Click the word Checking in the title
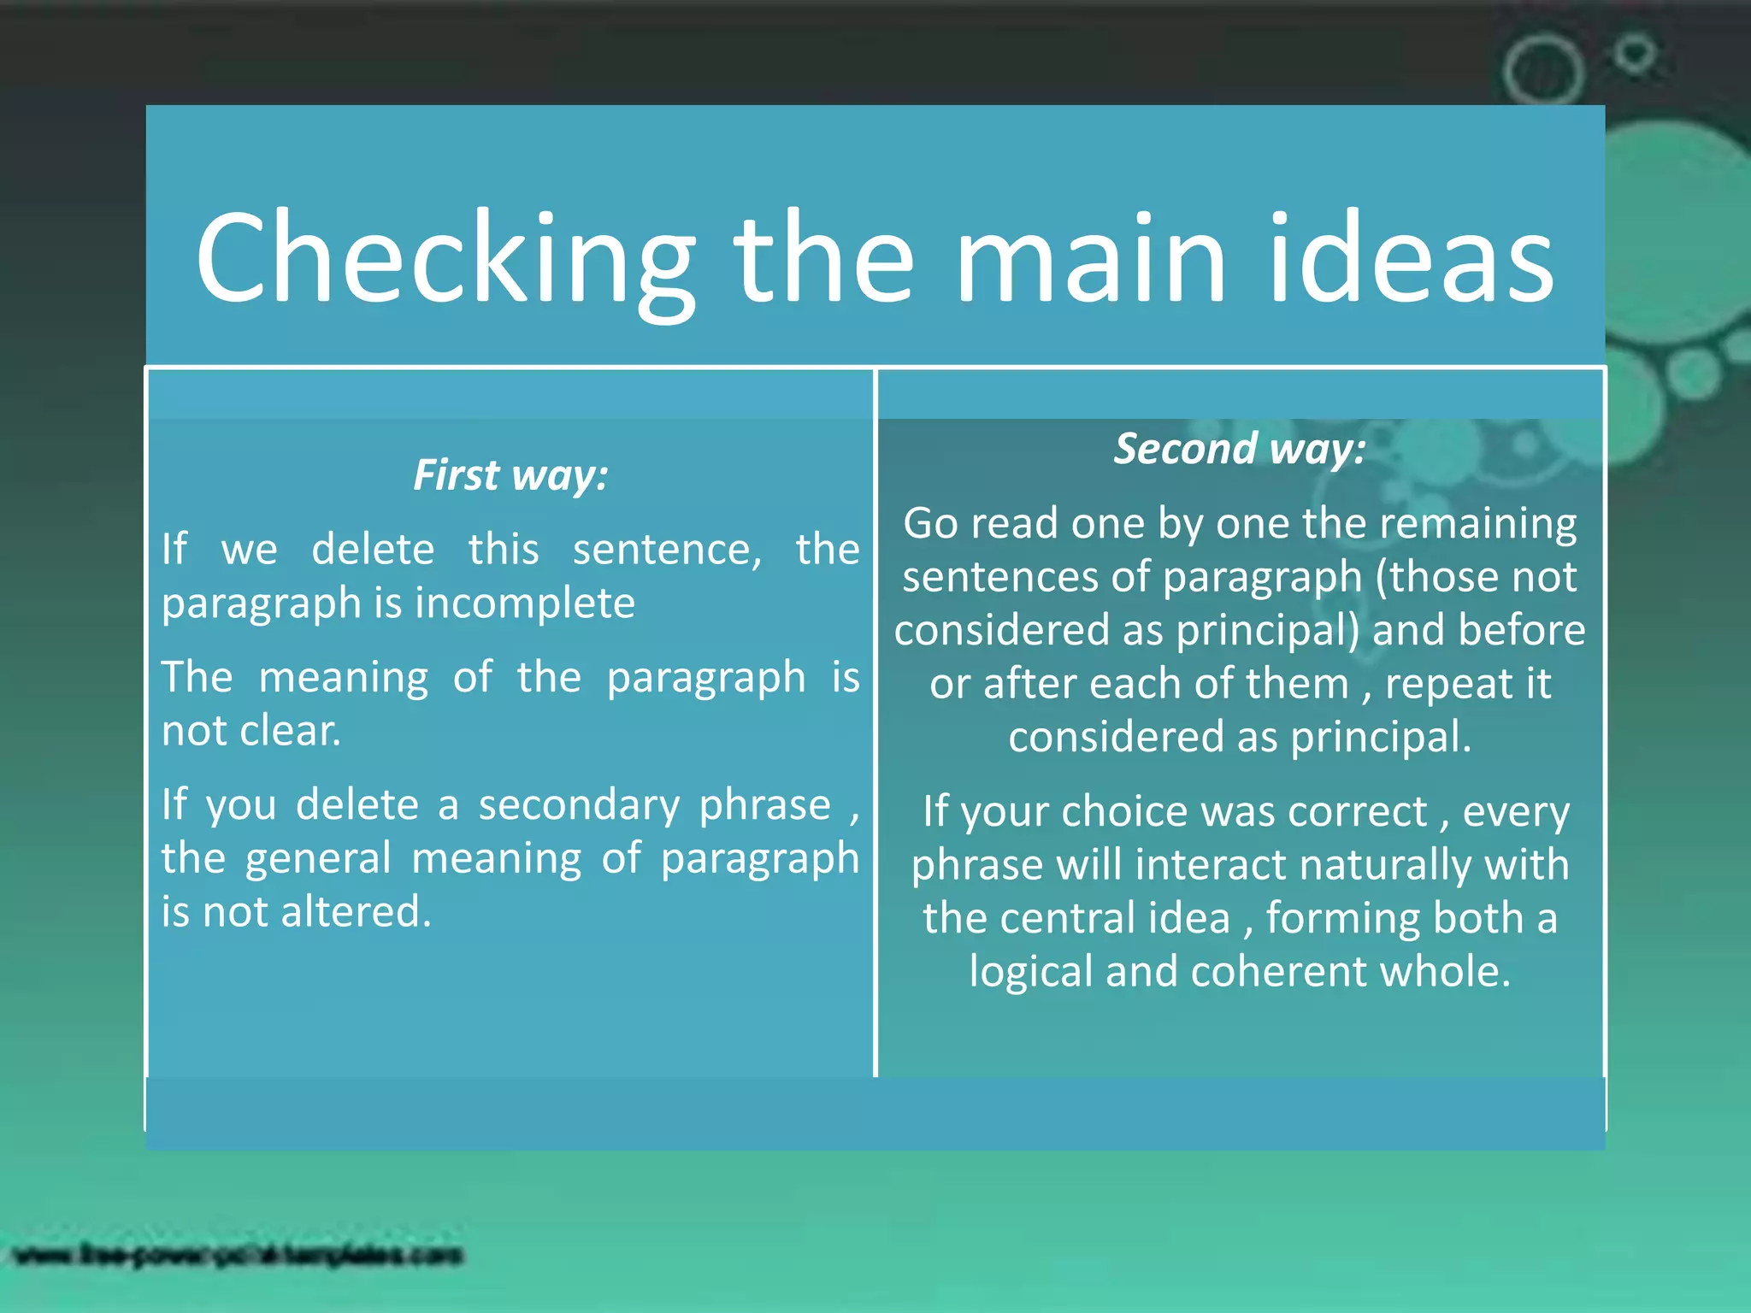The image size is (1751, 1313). point(445,258)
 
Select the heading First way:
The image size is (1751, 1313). point(510,475)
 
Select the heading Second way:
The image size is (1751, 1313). point(1240,449)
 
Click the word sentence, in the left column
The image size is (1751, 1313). point(667,550)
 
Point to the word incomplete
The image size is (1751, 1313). point(525,604)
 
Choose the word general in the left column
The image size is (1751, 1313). point(318,858)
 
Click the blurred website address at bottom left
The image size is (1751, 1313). point(239,1256)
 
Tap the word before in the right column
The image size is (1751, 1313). point(1521,631)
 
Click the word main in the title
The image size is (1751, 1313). point(1090,258)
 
